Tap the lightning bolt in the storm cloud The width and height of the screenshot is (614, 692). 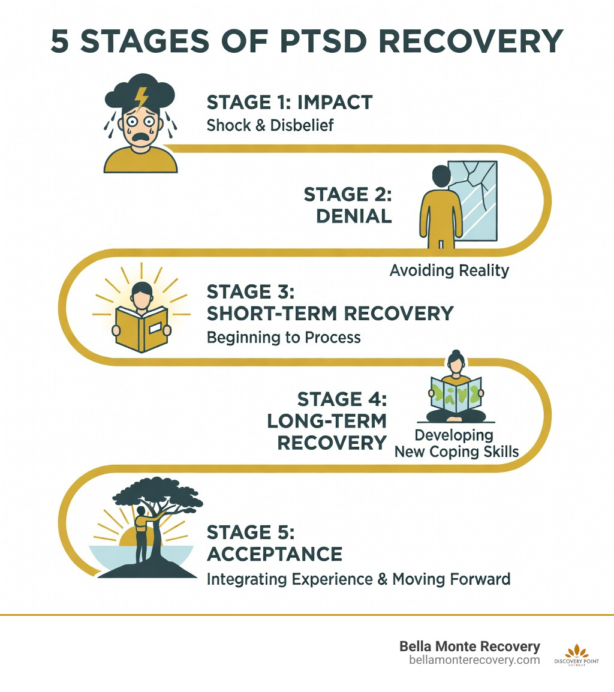pos(142,96)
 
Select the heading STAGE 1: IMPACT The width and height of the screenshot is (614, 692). pos(289,103)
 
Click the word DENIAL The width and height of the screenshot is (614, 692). pos(354,216)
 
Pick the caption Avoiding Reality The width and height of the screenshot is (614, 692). pos(449,270)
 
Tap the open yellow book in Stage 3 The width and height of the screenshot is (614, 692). pos(142,329)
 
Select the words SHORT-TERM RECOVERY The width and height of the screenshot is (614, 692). pos(330,314)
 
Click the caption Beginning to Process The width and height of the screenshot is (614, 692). pos(284,338)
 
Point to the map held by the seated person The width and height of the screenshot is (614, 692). pos(456,394)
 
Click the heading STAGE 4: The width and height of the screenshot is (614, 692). pos(342,399)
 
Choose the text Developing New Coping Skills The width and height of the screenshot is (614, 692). pos(456,444)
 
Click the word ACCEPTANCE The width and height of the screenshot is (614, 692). pos(274,553)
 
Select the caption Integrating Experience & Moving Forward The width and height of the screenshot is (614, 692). pos(358,579)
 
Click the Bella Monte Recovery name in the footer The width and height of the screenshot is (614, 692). pos(469,647)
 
